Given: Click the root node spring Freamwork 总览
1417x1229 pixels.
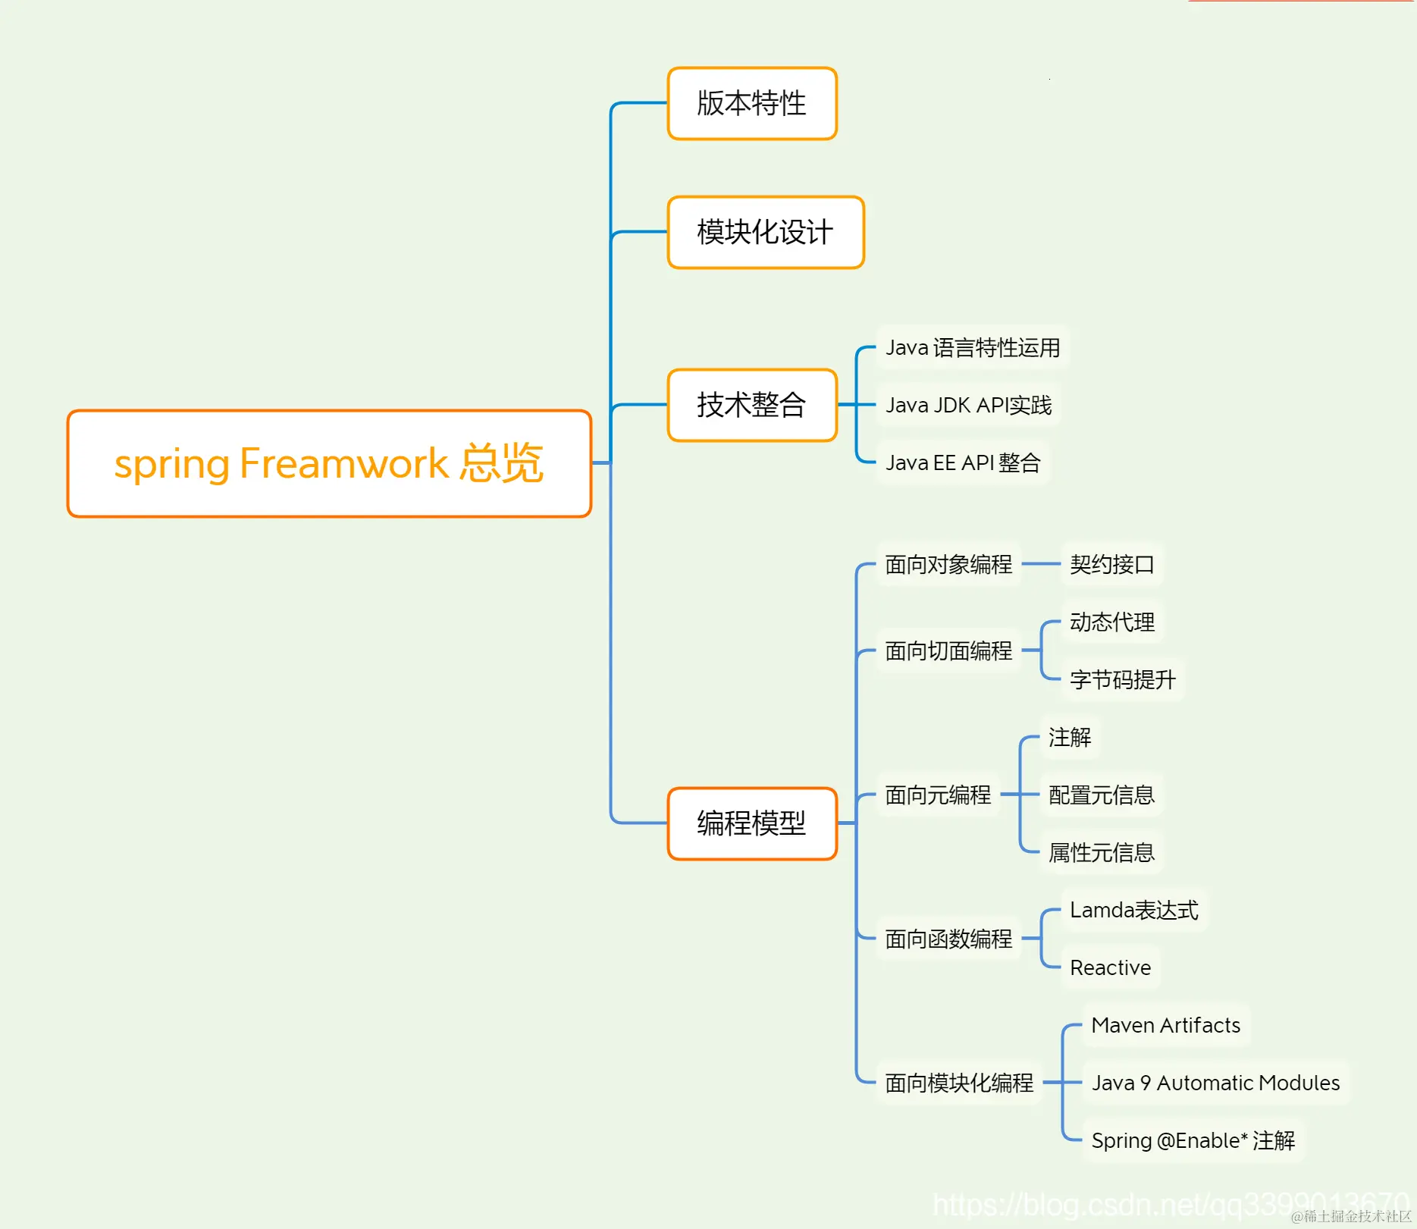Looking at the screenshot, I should point(328,463).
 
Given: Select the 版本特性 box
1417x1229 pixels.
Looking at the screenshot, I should point(751,103).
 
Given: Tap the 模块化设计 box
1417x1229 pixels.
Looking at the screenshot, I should point(765,232).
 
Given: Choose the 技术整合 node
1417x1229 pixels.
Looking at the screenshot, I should point(751,405).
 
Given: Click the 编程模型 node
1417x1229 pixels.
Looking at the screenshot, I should point(751,823).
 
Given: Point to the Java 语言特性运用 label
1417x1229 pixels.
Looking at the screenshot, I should point(972,347).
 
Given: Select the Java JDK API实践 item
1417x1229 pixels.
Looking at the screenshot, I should point(968,405).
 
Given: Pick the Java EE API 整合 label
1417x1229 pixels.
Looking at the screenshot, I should point(962,462).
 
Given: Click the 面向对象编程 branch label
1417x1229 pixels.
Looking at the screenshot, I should point(948,564).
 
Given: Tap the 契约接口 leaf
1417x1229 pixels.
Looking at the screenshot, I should point(1111,564).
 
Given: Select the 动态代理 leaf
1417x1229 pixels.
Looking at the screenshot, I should point(1111,622).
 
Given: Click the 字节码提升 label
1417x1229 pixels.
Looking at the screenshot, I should point(1122,679).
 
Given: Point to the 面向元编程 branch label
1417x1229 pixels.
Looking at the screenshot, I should point(937,795).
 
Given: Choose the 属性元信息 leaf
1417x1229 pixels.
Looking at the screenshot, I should point(1101,852).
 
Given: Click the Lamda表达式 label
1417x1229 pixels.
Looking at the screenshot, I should point(1133,910).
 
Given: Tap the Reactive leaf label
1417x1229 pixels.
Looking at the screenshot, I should point(1110,967).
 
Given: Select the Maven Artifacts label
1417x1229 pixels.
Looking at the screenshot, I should point(1165,1025).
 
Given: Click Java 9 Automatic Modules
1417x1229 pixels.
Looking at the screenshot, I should point(1215,1083).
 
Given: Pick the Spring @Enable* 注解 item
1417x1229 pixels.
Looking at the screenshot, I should point(1192,1140).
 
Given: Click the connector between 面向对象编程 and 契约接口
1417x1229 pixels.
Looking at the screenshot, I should point(1041,564).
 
